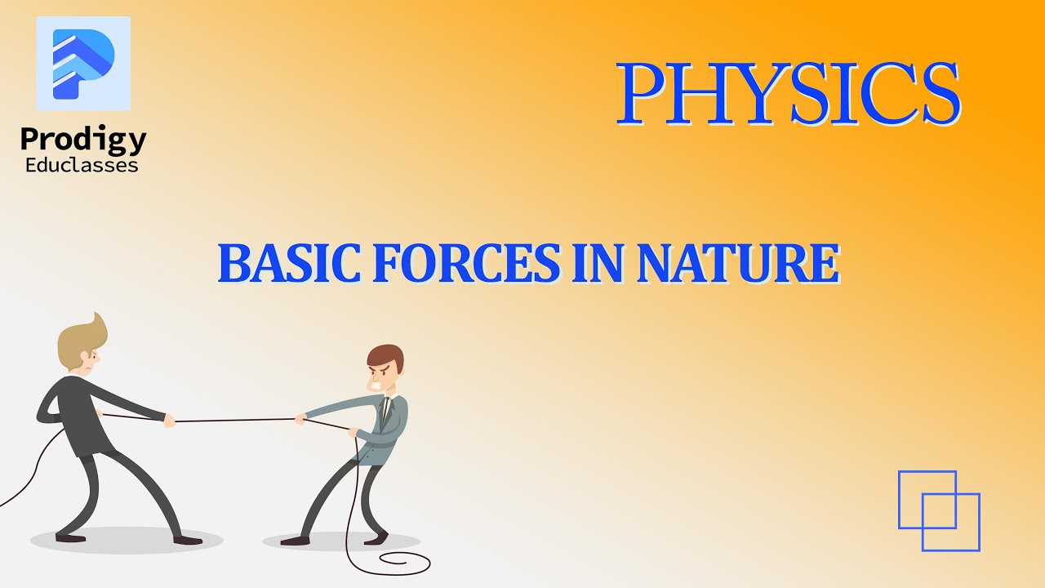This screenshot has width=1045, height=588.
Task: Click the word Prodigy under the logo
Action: tap(83, 140)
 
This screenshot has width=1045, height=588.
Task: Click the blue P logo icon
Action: tap(83, 64)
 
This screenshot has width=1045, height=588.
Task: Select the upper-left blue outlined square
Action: tap(927, 499)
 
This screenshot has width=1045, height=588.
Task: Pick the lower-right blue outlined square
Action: tap(951, 522)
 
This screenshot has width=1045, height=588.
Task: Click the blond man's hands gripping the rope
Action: tap(169, 421)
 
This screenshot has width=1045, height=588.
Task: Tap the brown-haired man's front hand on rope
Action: tap(300, 420)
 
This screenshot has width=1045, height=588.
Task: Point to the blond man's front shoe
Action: tap(188, 539)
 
